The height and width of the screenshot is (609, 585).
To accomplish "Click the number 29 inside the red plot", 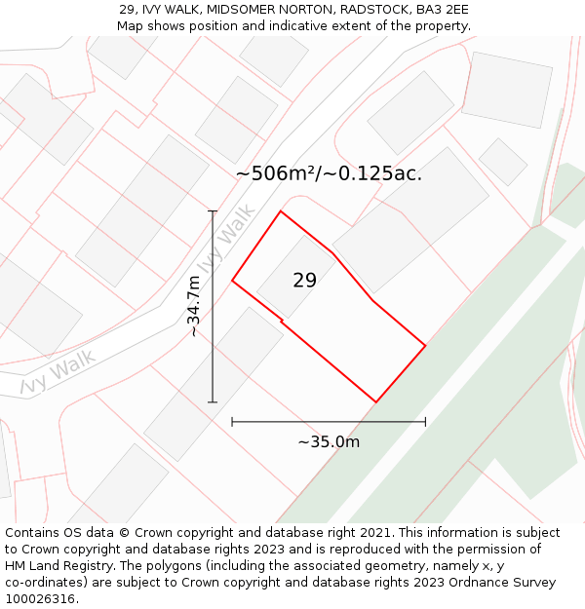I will [304, 281].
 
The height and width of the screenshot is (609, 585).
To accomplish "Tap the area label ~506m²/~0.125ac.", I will [329, 174].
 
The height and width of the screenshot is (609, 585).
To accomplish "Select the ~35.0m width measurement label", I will [329, 441].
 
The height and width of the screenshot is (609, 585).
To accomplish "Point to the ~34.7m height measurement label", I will [194, 306].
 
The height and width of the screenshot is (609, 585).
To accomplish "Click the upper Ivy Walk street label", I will [226, 239].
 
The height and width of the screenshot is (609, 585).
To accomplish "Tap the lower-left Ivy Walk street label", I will [58, 374].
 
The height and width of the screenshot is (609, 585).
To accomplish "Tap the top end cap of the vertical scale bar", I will [213, 210].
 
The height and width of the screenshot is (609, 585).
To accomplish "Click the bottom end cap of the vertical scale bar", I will [213, 401].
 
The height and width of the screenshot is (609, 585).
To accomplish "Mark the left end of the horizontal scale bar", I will [232, 422].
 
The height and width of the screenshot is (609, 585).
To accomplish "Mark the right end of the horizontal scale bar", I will [425, 422].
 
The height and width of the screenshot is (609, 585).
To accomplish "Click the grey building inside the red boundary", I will [292, 273].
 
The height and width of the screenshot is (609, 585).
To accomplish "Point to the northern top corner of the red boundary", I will [281, 211].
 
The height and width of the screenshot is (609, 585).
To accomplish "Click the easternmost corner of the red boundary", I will [425, 345].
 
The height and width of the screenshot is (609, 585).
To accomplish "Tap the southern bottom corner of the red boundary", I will [376, 401].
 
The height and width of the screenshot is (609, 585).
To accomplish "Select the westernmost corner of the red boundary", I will [232, 281].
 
